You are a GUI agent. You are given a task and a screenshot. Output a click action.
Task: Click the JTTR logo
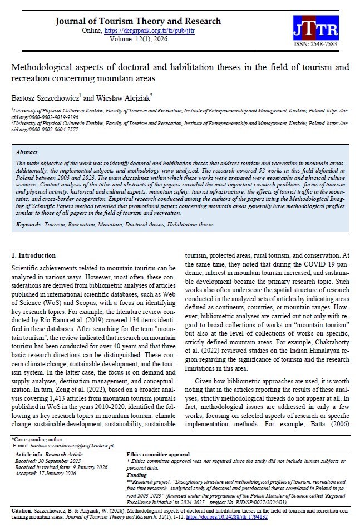(314, 28)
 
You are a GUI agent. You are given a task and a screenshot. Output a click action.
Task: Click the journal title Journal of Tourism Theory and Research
(138, 21)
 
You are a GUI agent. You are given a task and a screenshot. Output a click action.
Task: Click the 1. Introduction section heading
(33, 255)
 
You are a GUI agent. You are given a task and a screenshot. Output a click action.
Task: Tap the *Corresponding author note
(36, 440)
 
